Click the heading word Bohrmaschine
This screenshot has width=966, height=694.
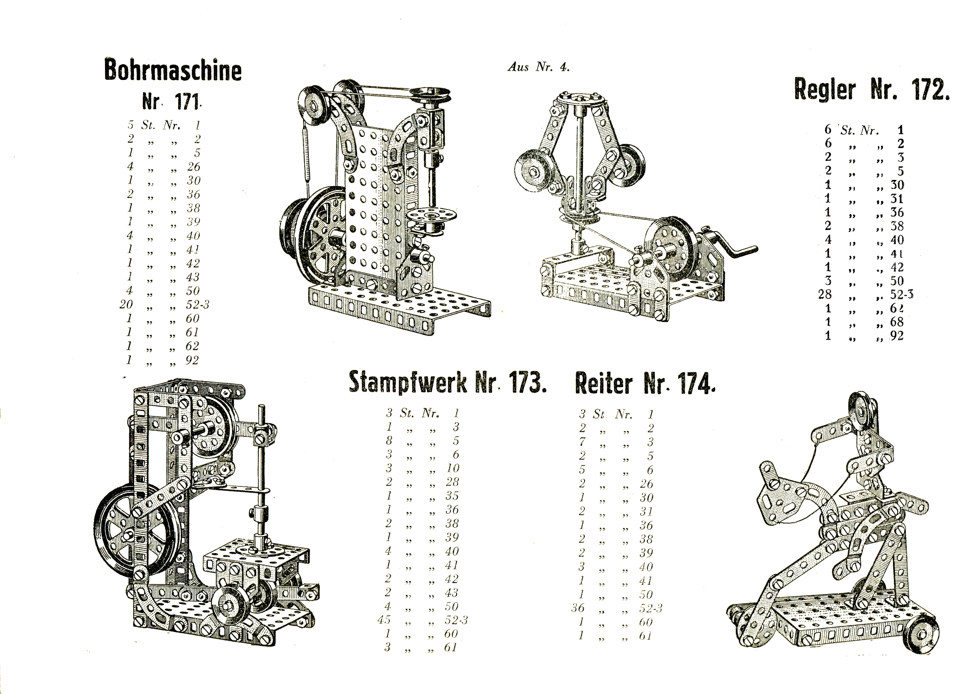pyautogui.click(x=173, y=70)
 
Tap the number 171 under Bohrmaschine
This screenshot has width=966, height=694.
pyautogui.click(x=187, y=102)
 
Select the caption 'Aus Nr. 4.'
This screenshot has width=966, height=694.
pyautogui.click(x=538, y=67)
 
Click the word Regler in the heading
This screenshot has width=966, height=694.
pyautogui.click(x=824, y=90)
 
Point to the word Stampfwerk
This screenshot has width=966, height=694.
pyautogui.click(x=408, y=382)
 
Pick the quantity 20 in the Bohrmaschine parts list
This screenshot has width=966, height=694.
pyautogui.click(x=126, y=305)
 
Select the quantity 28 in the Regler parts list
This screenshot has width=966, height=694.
pyautogui.click(x=825, y=294)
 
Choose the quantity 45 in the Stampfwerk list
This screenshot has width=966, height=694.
pyautogui.click(x=384, y=619)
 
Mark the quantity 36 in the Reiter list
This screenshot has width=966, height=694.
pyautogui.click(x=578, y=607)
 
